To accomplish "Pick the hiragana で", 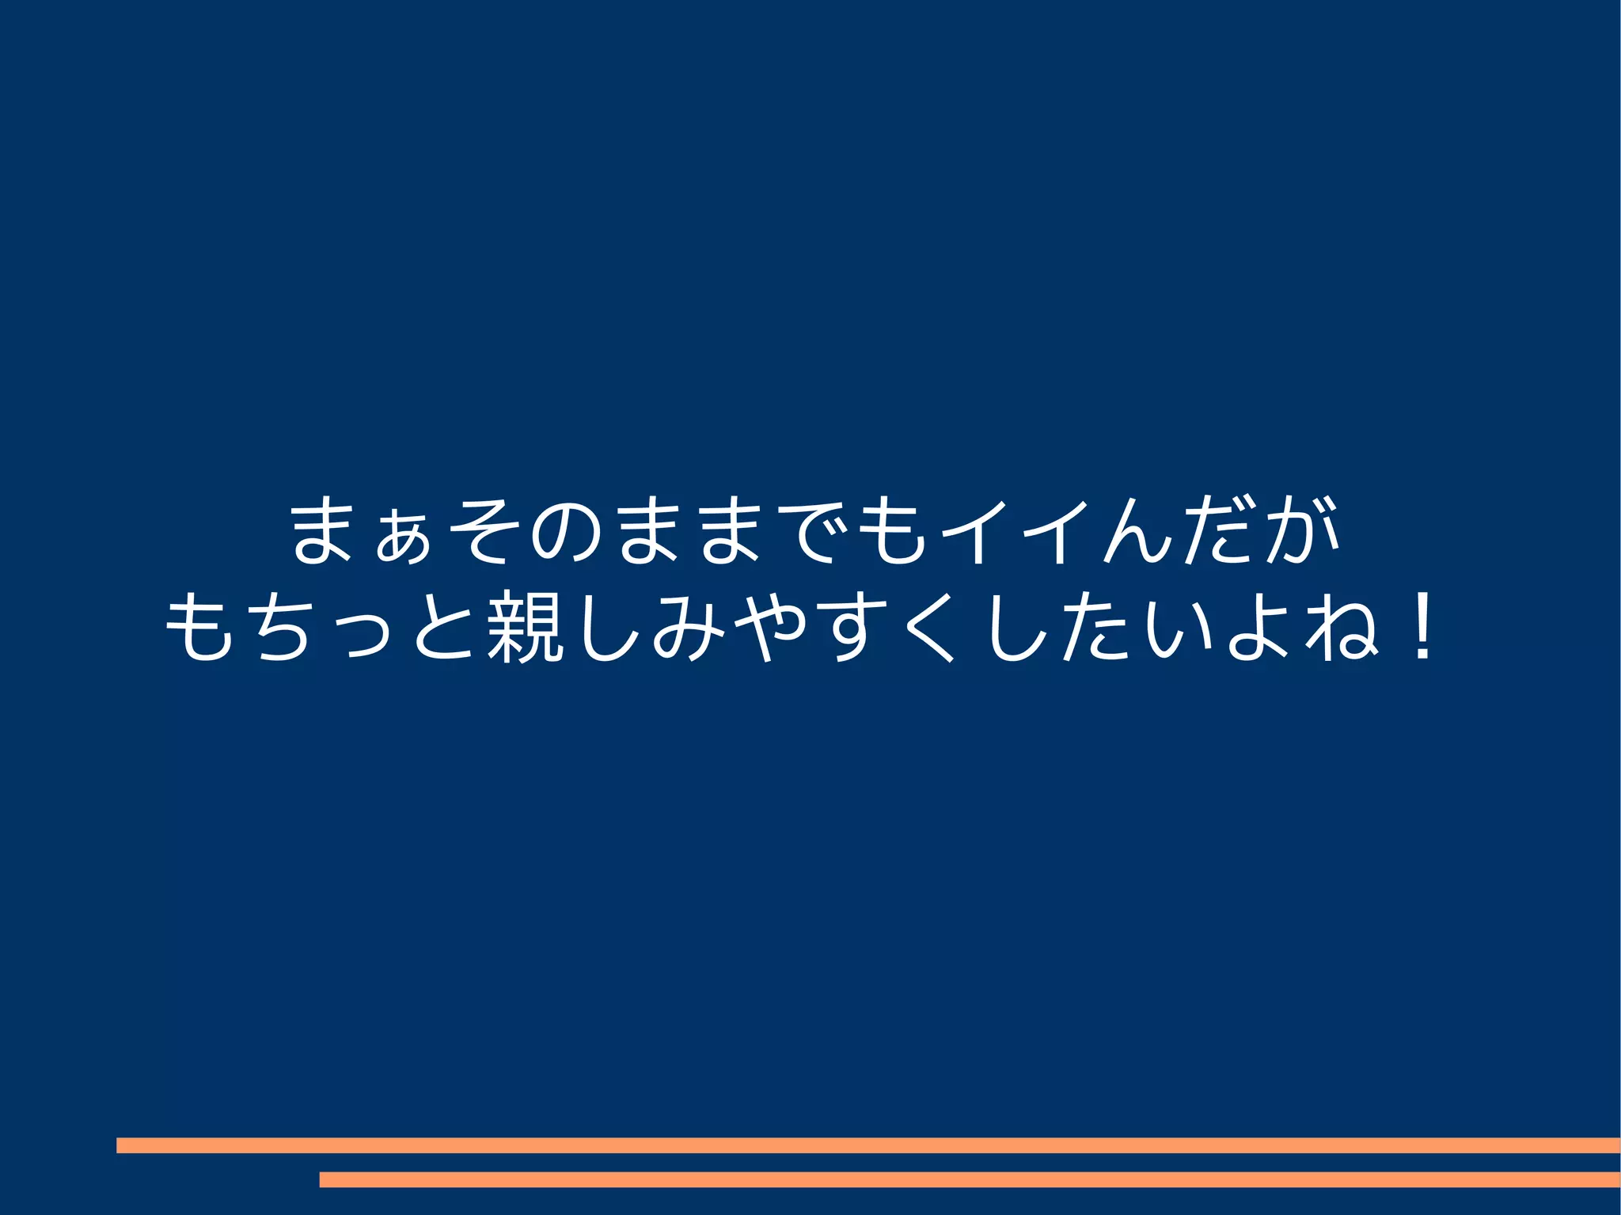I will [815, 531].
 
